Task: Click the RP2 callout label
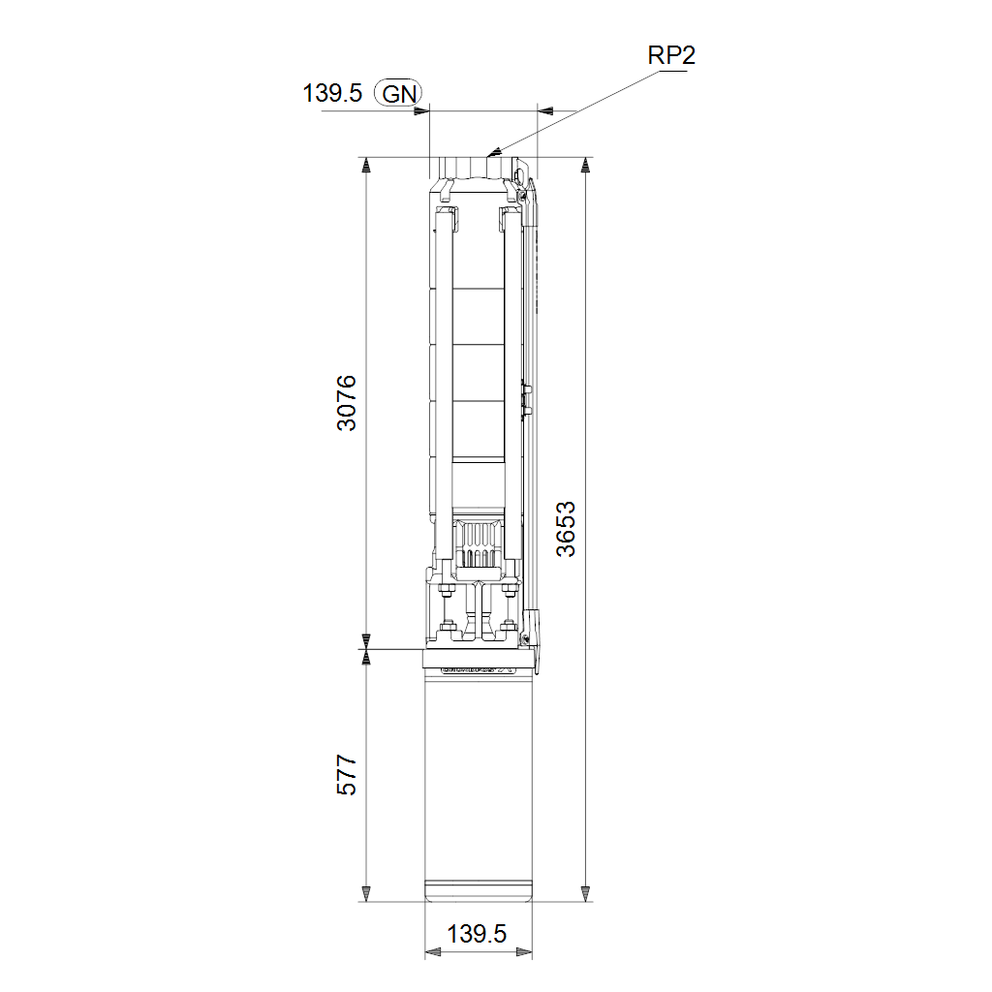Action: [671, 55]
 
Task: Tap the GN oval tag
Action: [398, 94]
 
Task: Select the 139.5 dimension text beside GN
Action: [332, 93]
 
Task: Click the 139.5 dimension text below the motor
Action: [477, 934]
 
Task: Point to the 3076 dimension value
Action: [347, 403]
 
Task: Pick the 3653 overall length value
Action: [566, 529]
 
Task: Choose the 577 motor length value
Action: [347, 774]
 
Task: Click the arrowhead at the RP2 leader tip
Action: [494, 152]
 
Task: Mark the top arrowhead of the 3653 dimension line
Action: [585, 165]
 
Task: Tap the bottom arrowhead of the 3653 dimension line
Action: [585, 894]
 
